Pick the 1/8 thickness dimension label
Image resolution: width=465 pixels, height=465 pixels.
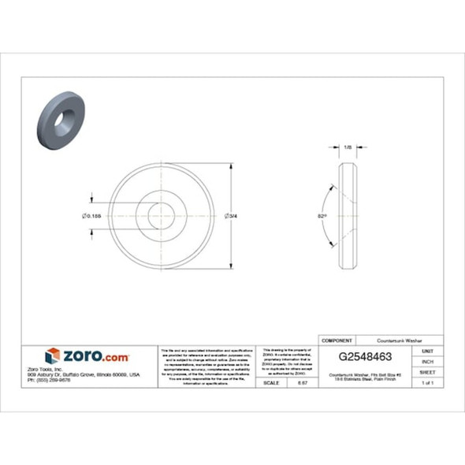pos(348,147)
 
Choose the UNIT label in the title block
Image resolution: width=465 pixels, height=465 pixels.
pos(427,350)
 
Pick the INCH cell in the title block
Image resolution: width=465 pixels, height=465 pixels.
pos(427,361)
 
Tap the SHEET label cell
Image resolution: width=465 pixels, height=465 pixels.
pos(427,371)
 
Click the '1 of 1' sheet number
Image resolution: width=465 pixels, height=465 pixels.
pos(427,382)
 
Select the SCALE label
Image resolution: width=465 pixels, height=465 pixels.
pos(271,382)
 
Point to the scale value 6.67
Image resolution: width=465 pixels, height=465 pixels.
pos(301,382)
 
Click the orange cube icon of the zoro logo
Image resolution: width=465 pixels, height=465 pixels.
pos(53,355)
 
